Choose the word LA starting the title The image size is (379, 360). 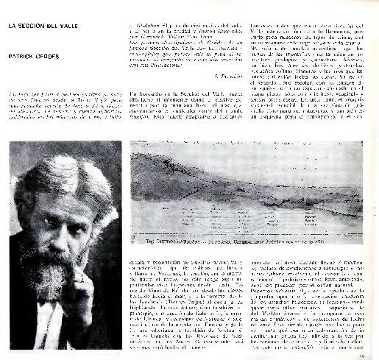click(x=11, y=27)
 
